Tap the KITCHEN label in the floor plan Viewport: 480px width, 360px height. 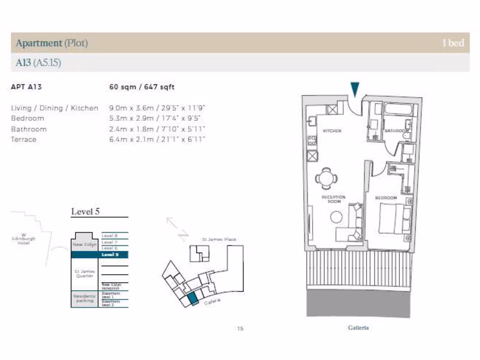(x=332, y=131)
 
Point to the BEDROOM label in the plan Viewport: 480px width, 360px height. (x=386, y=198)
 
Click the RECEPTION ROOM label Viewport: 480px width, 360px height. (x=333, y=199)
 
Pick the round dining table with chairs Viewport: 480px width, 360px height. (x=326, y=178)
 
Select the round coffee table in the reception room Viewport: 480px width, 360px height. (x=336, y=217)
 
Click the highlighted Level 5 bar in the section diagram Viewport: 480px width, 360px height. (x=99, y=255)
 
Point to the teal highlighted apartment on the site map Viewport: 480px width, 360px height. (x=193, y=299)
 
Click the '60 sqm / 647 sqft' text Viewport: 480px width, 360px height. (x=142, y=87)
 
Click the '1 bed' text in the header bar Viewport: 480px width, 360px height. (x=453, y=43)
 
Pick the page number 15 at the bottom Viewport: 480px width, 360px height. (x=240, y=329)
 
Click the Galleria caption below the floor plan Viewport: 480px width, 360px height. (x=359, y=328)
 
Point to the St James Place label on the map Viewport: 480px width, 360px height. (x=219, y=240)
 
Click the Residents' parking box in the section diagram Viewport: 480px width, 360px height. (x=85, y=299)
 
